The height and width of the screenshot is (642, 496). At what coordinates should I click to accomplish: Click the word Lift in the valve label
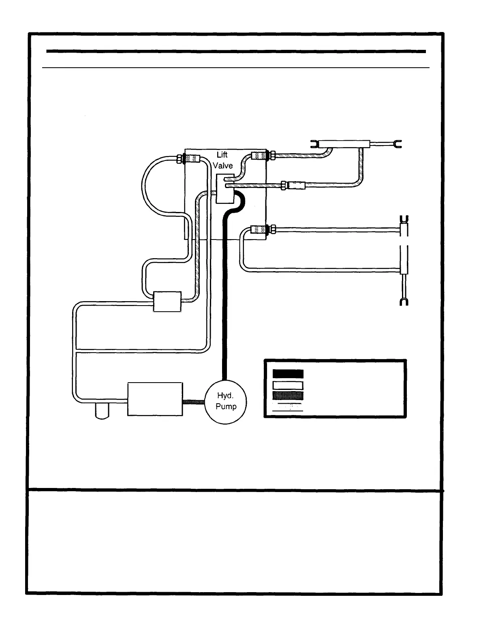[x=222, y=155]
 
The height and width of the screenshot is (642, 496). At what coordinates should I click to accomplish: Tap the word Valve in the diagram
[x=223, y=165]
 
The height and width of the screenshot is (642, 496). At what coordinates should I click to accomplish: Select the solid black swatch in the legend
[x=288, y=374]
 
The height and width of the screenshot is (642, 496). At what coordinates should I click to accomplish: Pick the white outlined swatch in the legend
[x=288, y=385]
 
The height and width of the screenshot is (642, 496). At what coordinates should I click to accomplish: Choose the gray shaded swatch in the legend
[x=288, y=396]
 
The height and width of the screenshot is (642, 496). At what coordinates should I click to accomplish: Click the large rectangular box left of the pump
[x=155, y=399]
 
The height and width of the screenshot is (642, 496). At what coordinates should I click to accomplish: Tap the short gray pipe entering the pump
[x=193, y=402]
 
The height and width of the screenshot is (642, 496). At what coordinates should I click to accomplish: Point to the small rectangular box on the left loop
[x=167, y=302]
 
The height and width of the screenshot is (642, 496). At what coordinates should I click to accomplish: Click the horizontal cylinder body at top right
[x=344, y=144]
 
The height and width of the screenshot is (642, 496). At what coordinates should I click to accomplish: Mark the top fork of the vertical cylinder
[x=404, y=219]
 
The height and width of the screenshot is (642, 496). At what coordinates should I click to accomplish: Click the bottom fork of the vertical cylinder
[x=404, y=302]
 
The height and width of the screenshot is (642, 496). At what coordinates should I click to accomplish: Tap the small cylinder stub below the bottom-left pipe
[x=102, y=411]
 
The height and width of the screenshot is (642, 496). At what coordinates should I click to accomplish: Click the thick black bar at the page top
[x=236, y=51]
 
